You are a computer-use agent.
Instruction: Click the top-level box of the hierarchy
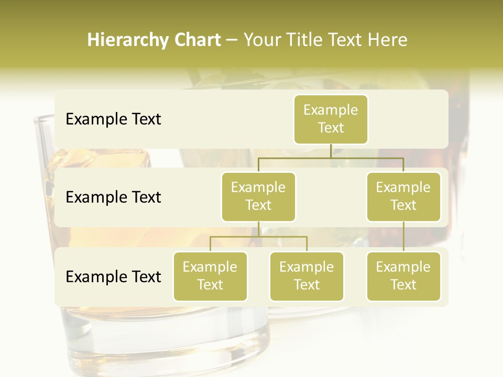[x=331, y=119]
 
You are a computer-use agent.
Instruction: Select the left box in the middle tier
[x=258, y=196]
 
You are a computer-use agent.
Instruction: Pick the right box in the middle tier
[x=403, y=196]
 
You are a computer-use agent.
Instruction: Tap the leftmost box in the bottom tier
[x=210, y=276]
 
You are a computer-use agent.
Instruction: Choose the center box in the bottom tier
[x=307, y=276]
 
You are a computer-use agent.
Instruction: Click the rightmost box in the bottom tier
[x=403, y=276]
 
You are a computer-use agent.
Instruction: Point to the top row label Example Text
[x=113, y=119]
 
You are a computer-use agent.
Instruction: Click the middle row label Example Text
[x=113, y=197]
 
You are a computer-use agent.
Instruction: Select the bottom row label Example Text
[x=113, y=276]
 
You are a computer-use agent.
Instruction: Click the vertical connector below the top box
[x=331, y=151]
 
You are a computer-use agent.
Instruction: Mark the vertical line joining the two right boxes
[x=403, y=236]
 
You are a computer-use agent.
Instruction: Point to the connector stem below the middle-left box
[x=258, y=229]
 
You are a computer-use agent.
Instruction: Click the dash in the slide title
[x=232, y=41]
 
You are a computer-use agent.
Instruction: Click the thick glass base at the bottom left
[x=162, y=346]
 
